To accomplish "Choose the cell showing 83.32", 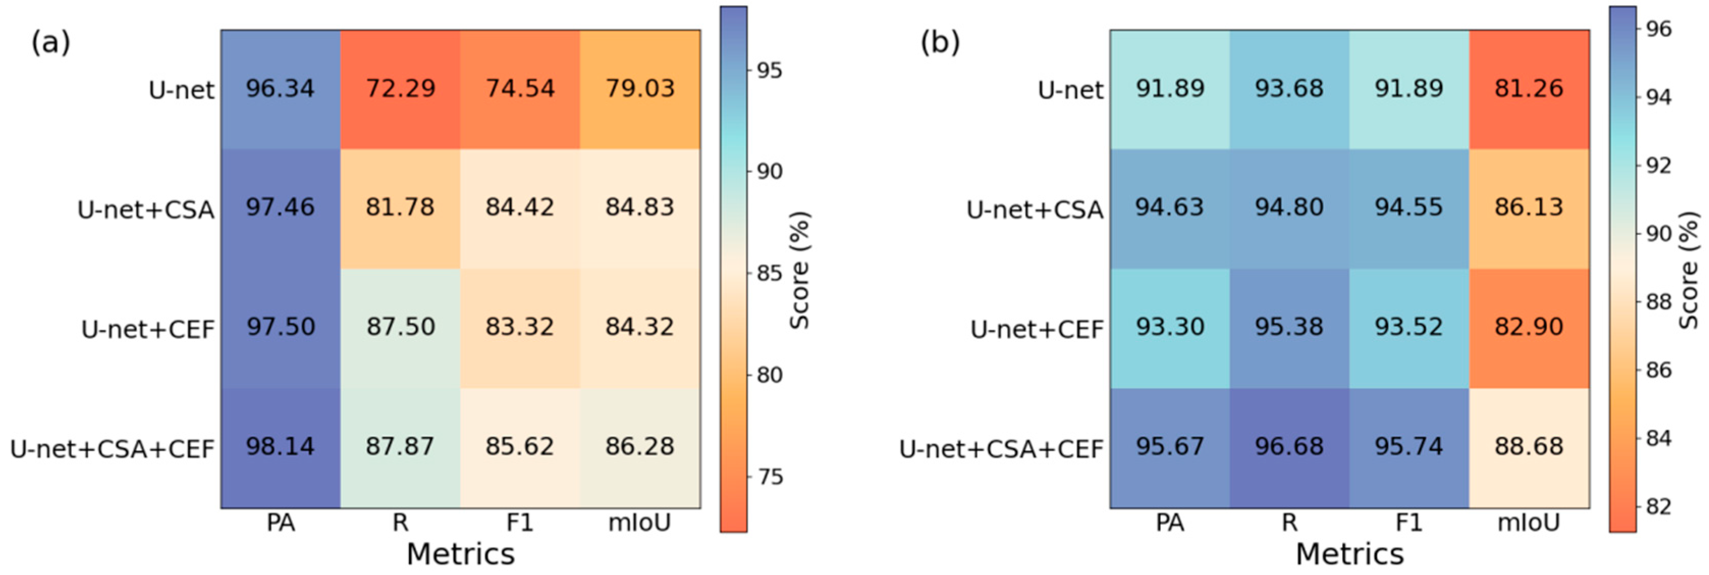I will [x=520, y=327].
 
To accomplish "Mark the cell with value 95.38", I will [x=1289, y=327].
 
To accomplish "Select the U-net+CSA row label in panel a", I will [x=146, y=210].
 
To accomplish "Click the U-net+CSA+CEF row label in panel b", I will [x=1001, y=450].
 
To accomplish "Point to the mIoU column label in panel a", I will [x=640, y=523].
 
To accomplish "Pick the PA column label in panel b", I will [x=1169, y=523].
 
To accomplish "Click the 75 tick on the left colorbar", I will [x=770, y=477].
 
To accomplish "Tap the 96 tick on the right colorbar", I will [x=1659, y=29].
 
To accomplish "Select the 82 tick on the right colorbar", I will [x=1659, y=507].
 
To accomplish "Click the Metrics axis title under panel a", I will [x=460, y=554].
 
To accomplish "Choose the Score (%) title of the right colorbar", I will [x=1689, y=270].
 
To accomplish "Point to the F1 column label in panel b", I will [x=1408, y=523].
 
